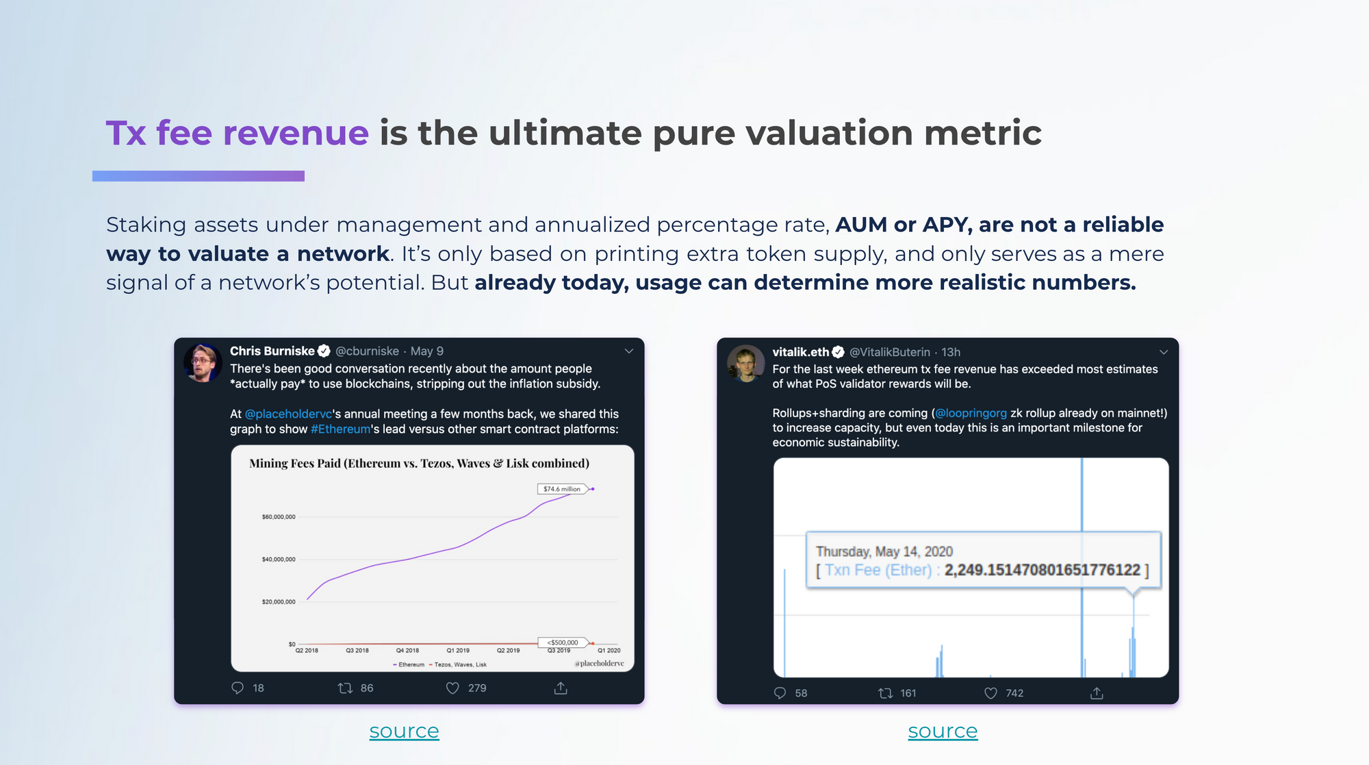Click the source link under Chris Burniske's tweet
click(x=404, y=731)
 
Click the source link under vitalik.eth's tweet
click(x=943, y=731)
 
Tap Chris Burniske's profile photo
click(x=203, y=362)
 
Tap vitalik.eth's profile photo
click(x=745, y=363)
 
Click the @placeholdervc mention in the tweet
click(x=288, y=414)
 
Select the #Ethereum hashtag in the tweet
click(x=340, y=429)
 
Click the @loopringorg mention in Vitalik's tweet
click(x=971, y=413)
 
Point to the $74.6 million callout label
click(x=562, y=489)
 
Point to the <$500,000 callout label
click(x=563, y=642)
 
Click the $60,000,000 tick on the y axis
click(x=279, y=517)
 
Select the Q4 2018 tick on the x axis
click(x=407, y=651)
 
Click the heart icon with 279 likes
click(x=452, y=688)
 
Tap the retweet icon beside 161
click(x=885, y=693)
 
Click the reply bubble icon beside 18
click(x=238, y=688)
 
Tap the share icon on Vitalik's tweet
click(x=1097, y=693)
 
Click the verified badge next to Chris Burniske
click(x=324, y=351)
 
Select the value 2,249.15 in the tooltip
click(x=1042, y=570)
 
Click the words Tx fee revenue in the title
click(x=238, y=132)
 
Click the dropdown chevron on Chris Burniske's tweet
click(x=629, y=351)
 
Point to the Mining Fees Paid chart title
click(x=419, y=464)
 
